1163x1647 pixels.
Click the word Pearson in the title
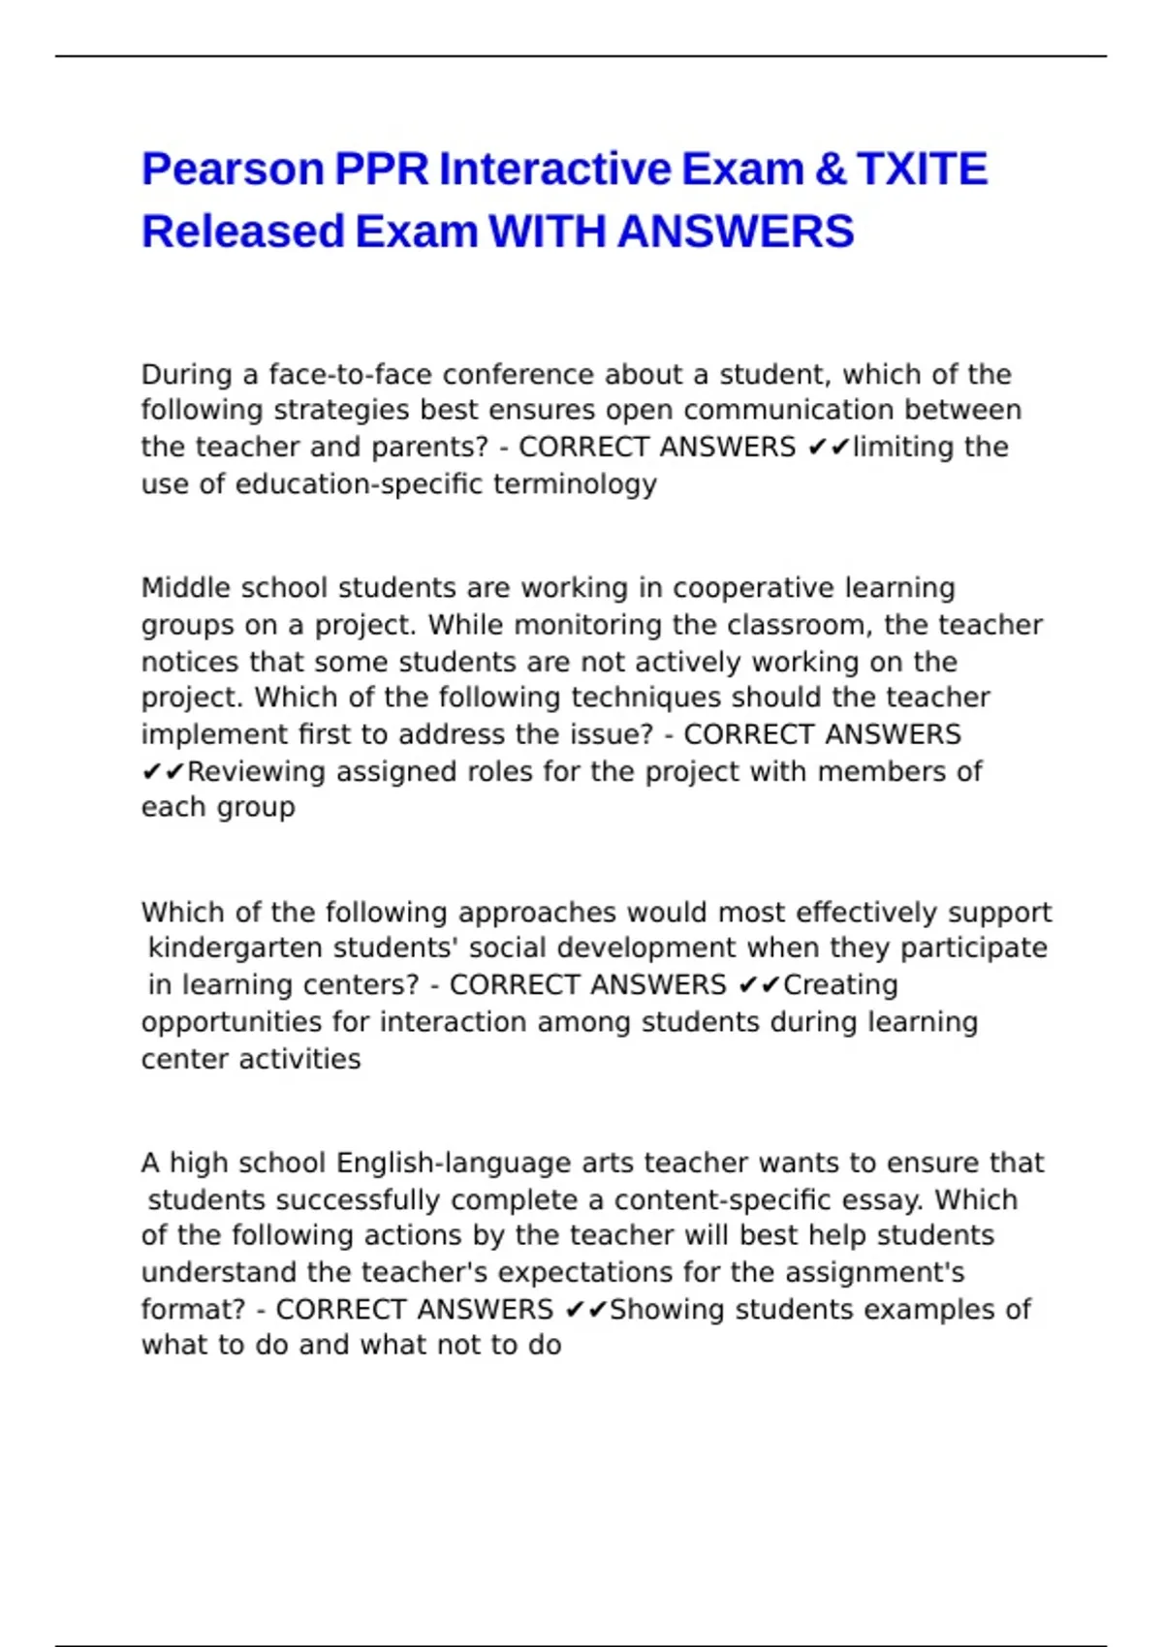(x=233, y=170)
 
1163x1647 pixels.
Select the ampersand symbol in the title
(x=830, y=170)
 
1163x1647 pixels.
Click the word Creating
(x=840, y=985)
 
